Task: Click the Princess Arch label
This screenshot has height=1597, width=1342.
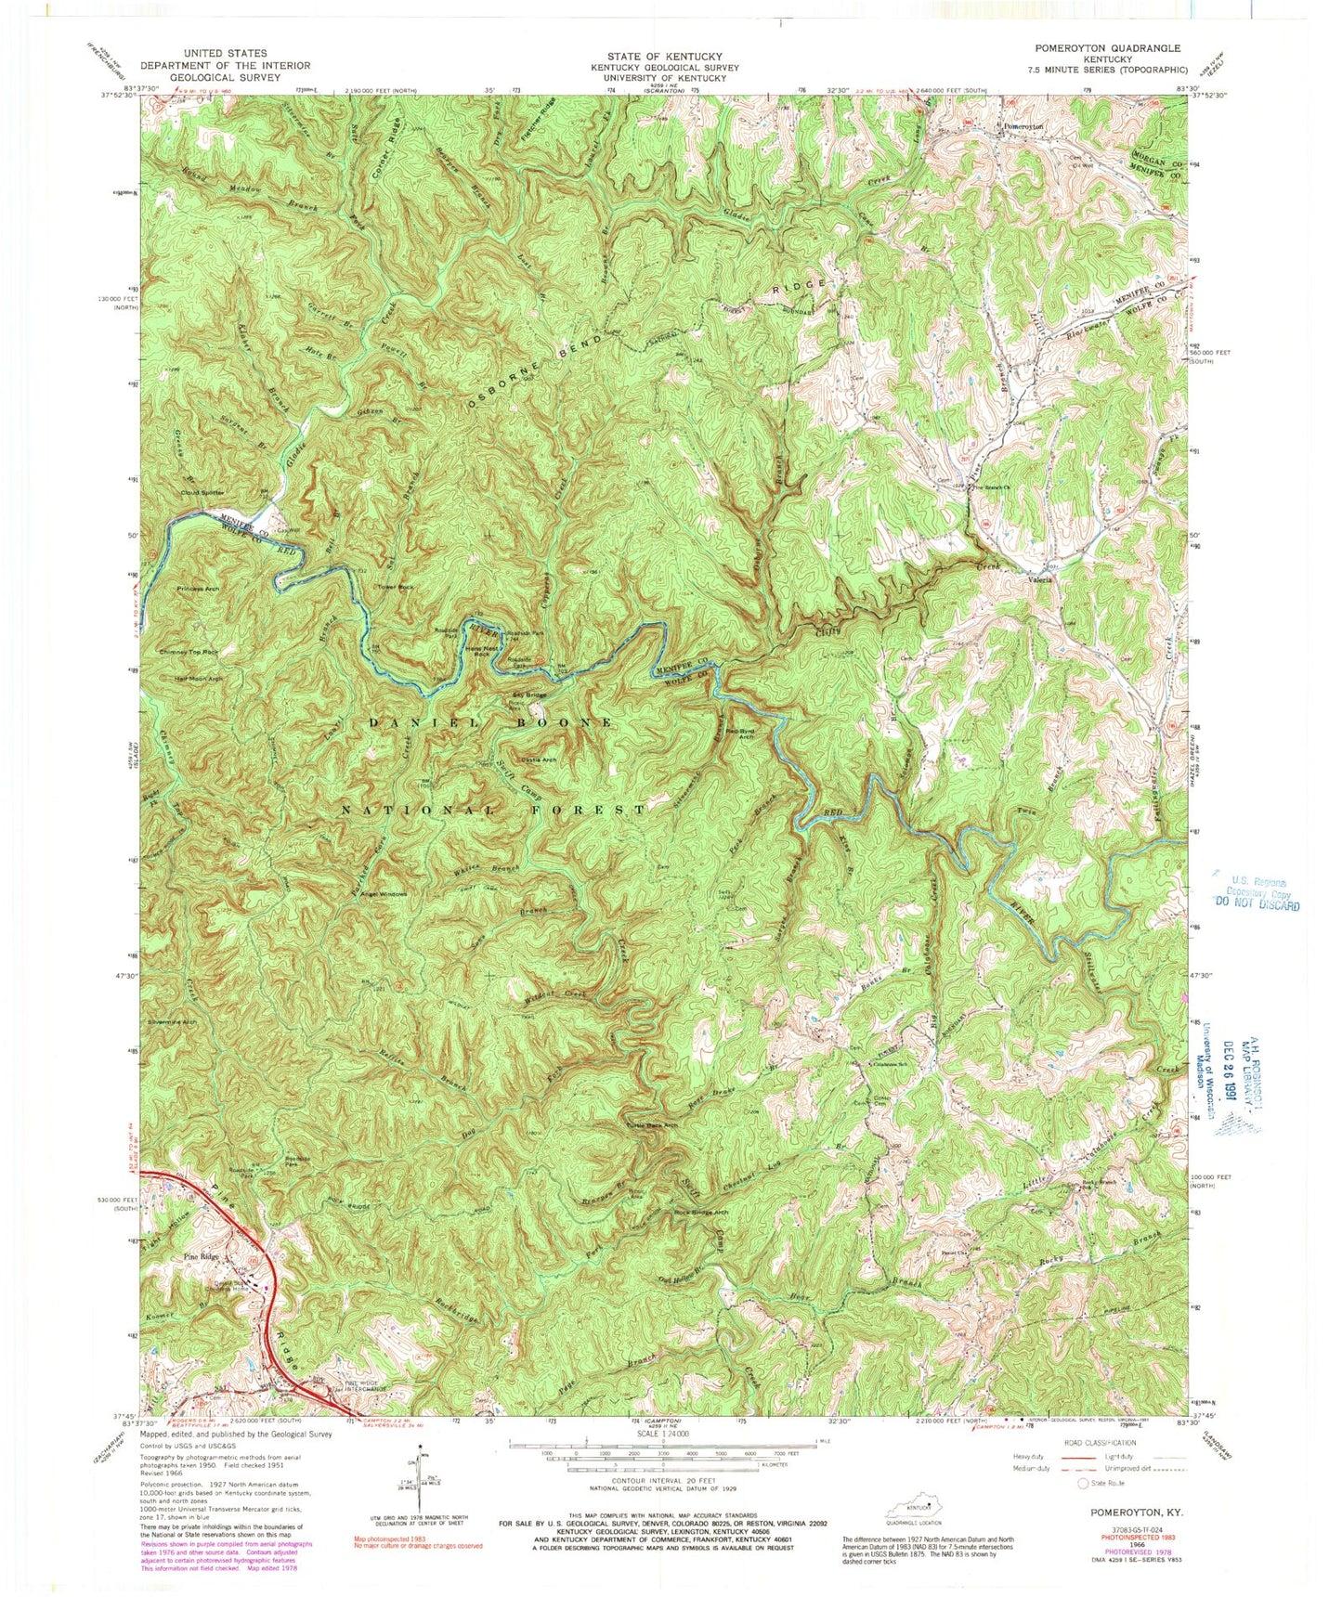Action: coord(200,590)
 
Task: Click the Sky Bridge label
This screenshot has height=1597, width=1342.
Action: coord(529,695)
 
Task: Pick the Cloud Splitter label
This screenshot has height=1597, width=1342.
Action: coord(202,492)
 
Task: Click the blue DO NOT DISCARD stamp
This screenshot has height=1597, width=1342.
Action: coord(1256,904)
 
